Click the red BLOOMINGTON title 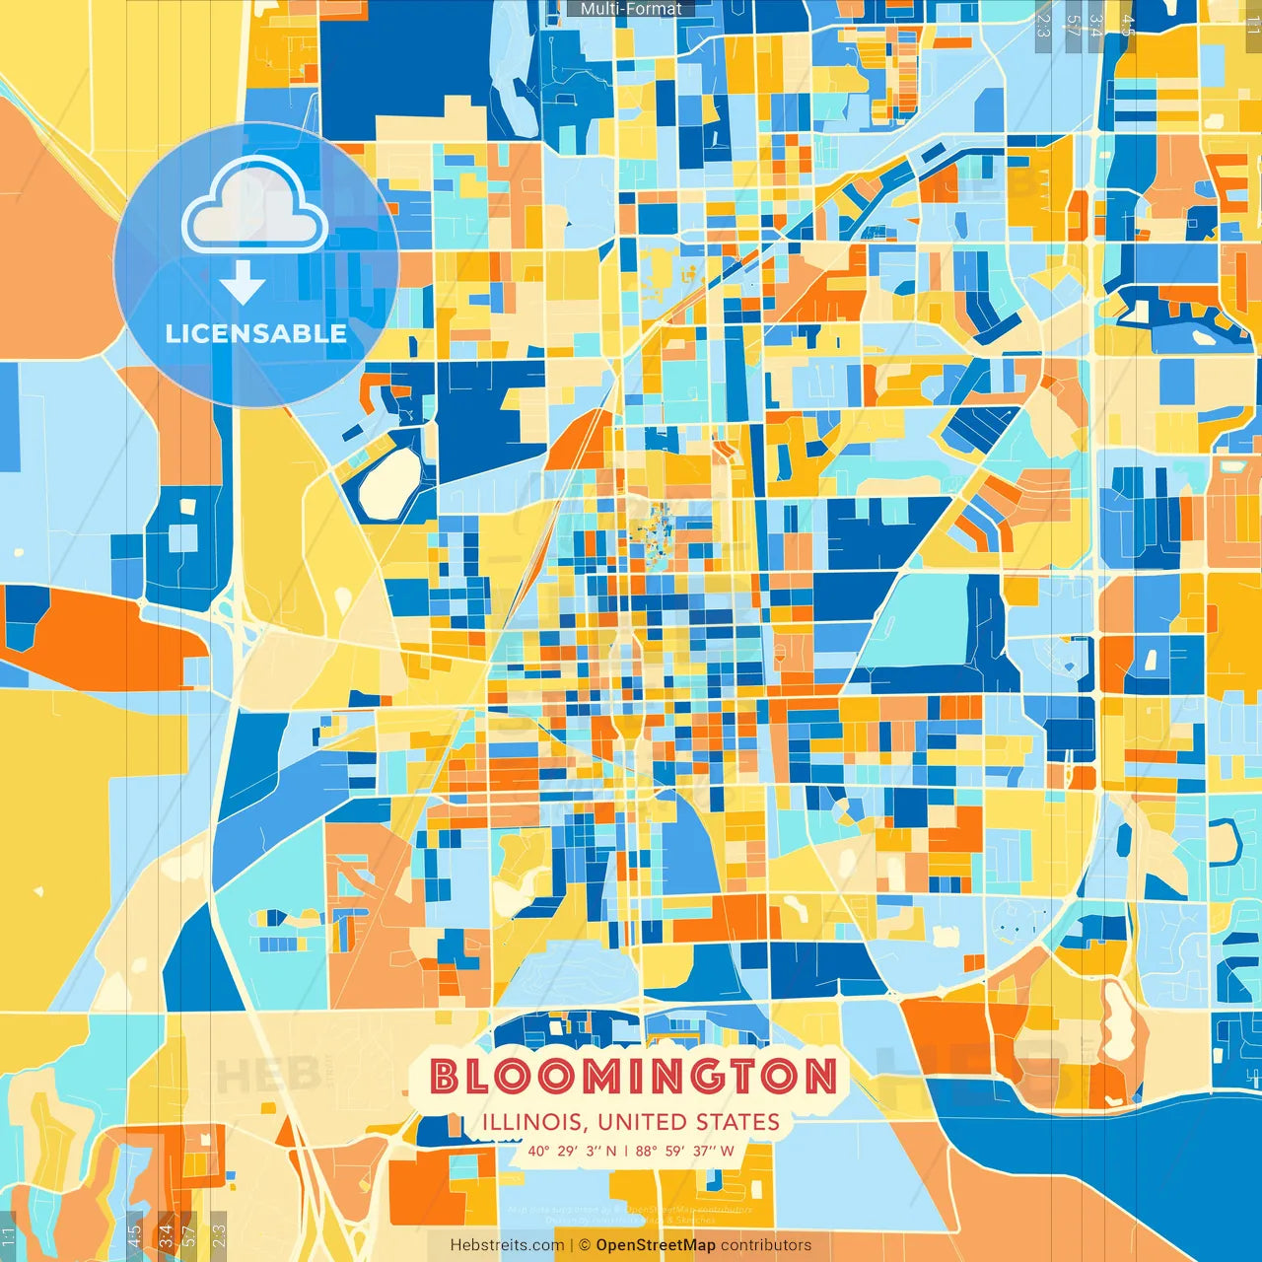[634, 1076]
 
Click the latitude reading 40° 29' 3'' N [572, 1151]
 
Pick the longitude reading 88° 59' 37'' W [685, 1151]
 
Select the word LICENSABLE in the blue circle [255, 333]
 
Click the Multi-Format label [631, 9]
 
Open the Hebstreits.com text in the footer [507, 1245]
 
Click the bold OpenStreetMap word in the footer [656, 1245]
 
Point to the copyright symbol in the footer [584, 1245]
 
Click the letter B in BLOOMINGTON [446, 1077]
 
